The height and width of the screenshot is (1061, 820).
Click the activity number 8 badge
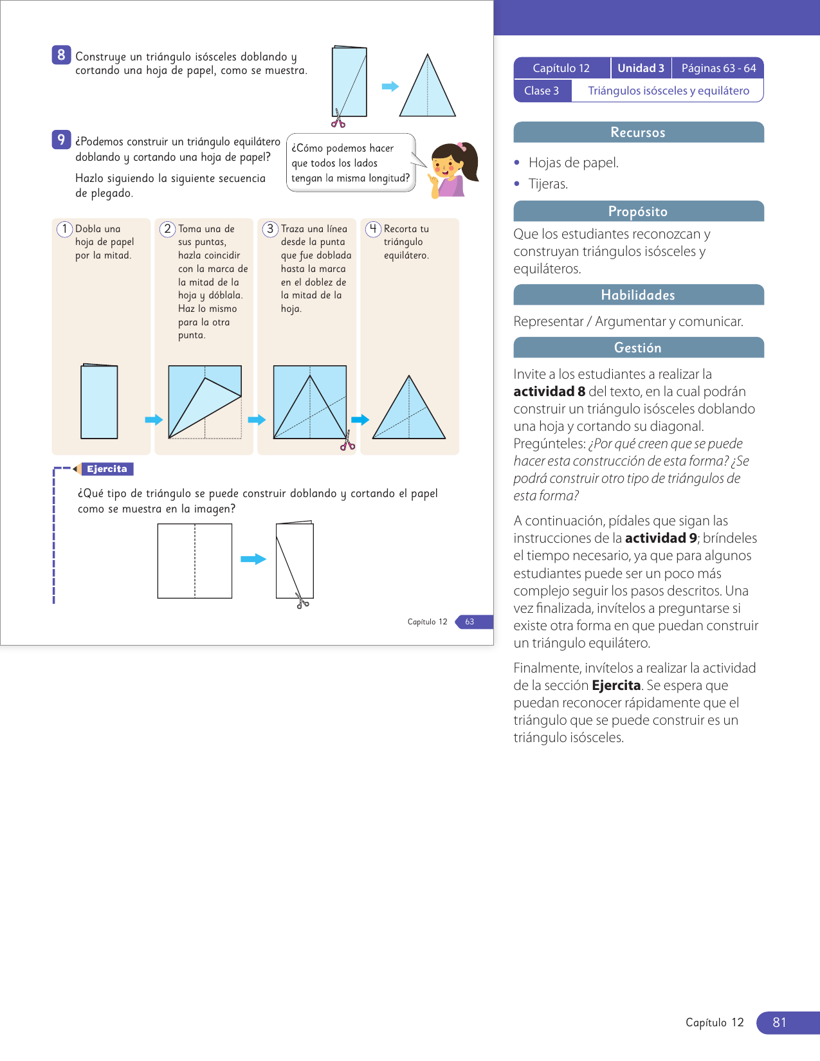[61, 55]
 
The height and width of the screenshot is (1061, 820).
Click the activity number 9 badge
[61, 140]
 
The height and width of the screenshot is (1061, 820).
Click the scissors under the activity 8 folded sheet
[338, 120]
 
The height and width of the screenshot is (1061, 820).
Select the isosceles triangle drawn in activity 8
[427, 90]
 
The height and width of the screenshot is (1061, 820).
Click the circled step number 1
[64, 229]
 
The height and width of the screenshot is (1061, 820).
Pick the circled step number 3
[270, 229]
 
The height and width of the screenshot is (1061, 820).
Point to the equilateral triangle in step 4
[409, 412]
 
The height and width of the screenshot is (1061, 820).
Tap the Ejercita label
[107, 469]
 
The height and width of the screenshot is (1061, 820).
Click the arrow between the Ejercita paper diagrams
[253, 559]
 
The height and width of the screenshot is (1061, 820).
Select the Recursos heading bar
[638, 132]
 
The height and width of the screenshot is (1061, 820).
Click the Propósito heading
[638, 212]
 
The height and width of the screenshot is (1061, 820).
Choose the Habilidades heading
[638, 295]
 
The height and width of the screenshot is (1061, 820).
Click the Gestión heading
[638, 348]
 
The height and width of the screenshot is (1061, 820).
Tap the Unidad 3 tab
[641, 68]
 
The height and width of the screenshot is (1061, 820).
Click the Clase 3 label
[542, 91]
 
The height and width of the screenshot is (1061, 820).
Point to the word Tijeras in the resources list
[548, 184]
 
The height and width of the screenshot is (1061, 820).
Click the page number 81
[779, 1022]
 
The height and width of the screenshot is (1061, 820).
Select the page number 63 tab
[470, 622]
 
